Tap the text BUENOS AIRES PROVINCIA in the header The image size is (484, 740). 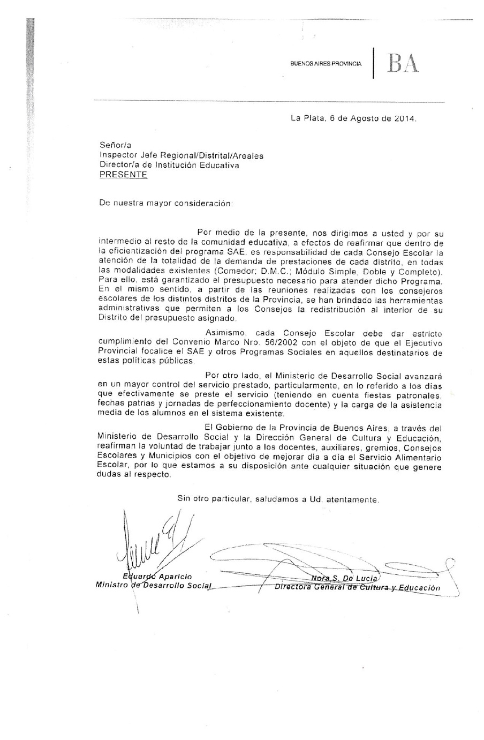[326, 64]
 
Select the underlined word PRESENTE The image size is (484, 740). [123, 175]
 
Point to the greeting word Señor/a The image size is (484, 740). [115, 145]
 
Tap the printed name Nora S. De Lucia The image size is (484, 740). [345, 578]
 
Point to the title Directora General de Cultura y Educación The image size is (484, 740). [357, 587]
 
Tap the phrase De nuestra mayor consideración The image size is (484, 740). [166, 204]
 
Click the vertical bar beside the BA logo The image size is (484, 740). [374, 63]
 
